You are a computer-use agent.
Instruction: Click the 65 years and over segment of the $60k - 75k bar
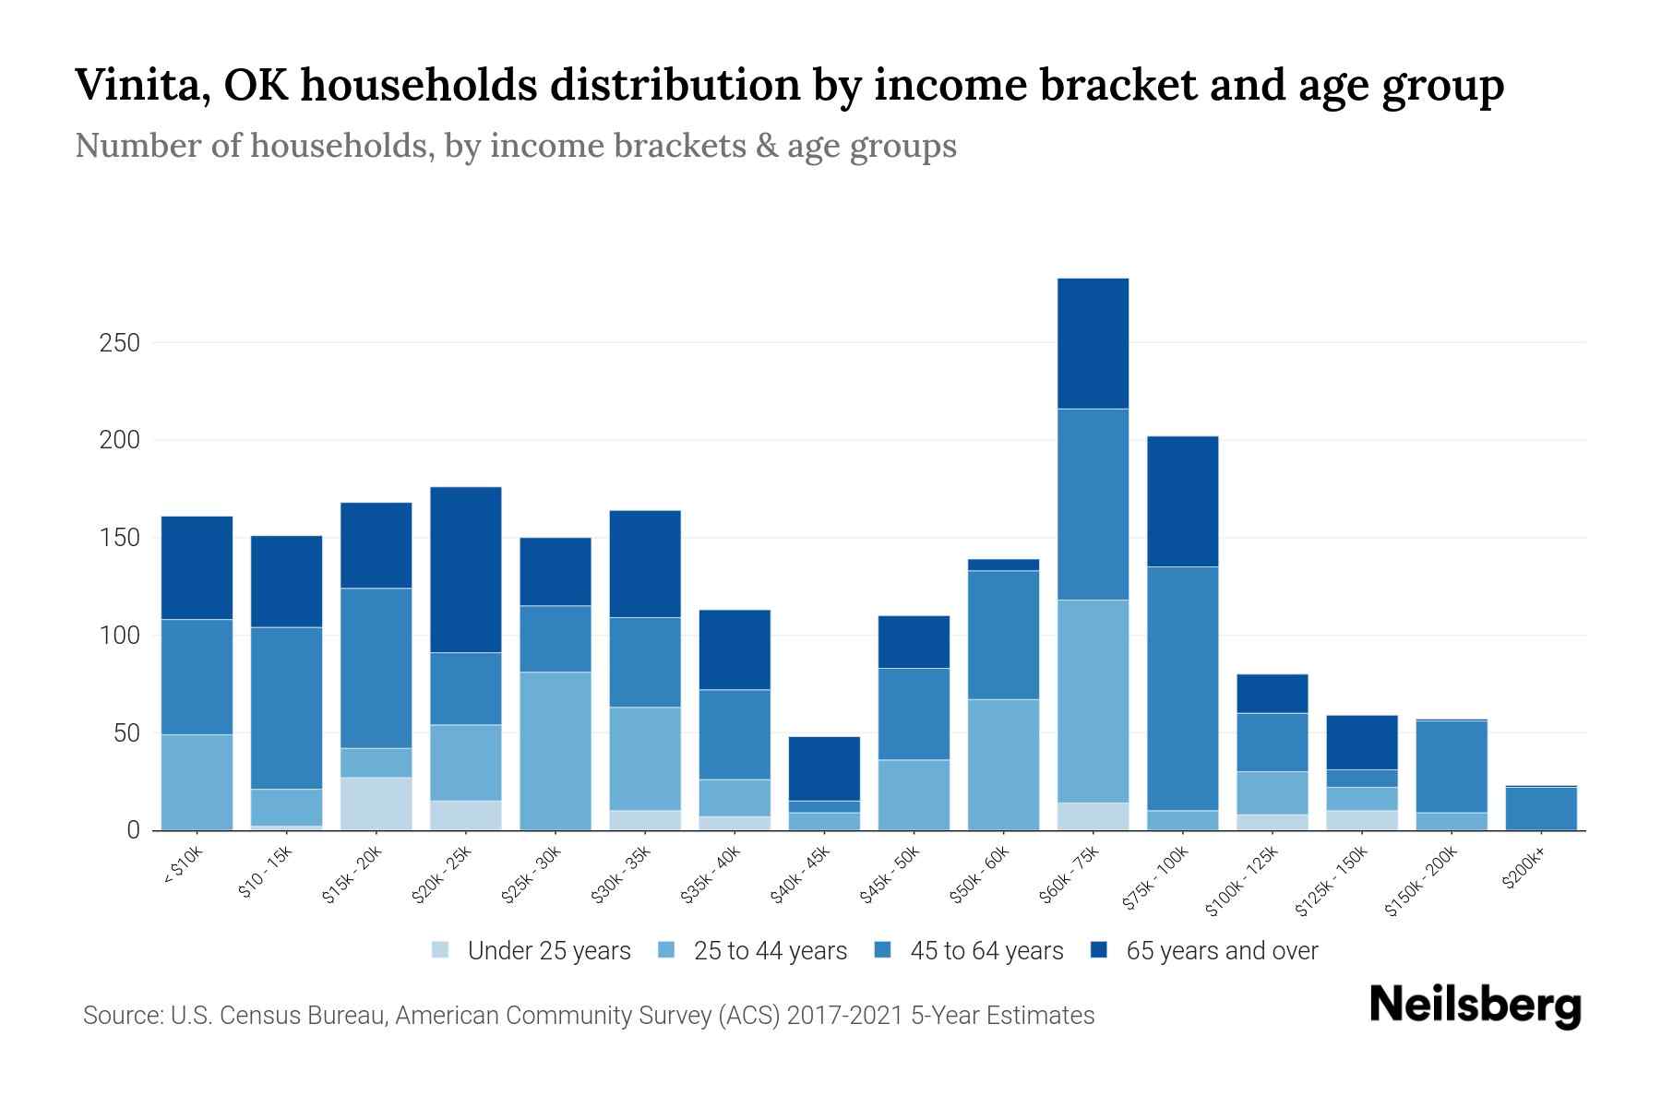pos(1093,343)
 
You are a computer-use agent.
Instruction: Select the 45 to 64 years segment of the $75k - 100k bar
pos(1182,688)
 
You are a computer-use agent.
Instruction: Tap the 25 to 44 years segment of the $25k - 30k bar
pos(556,751)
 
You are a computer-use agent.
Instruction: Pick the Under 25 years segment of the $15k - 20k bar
pos(376,803)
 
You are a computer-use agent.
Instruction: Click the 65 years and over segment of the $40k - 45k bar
pos(824,768)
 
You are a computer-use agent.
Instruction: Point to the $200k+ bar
pos(1541,808)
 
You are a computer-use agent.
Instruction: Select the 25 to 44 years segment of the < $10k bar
pos(197,782)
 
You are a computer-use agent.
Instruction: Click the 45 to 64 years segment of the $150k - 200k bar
pos(1452,767)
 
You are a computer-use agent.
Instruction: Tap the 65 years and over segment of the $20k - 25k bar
pos(466,569)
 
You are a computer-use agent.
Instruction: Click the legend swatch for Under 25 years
pos(441,950)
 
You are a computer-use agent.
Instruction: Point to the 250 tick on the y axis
pos(120,343)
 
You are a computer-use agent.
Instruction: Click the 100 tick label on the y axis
pos(120,636)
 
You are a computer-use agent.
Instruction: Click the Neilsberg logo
pos(1475,1006)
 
